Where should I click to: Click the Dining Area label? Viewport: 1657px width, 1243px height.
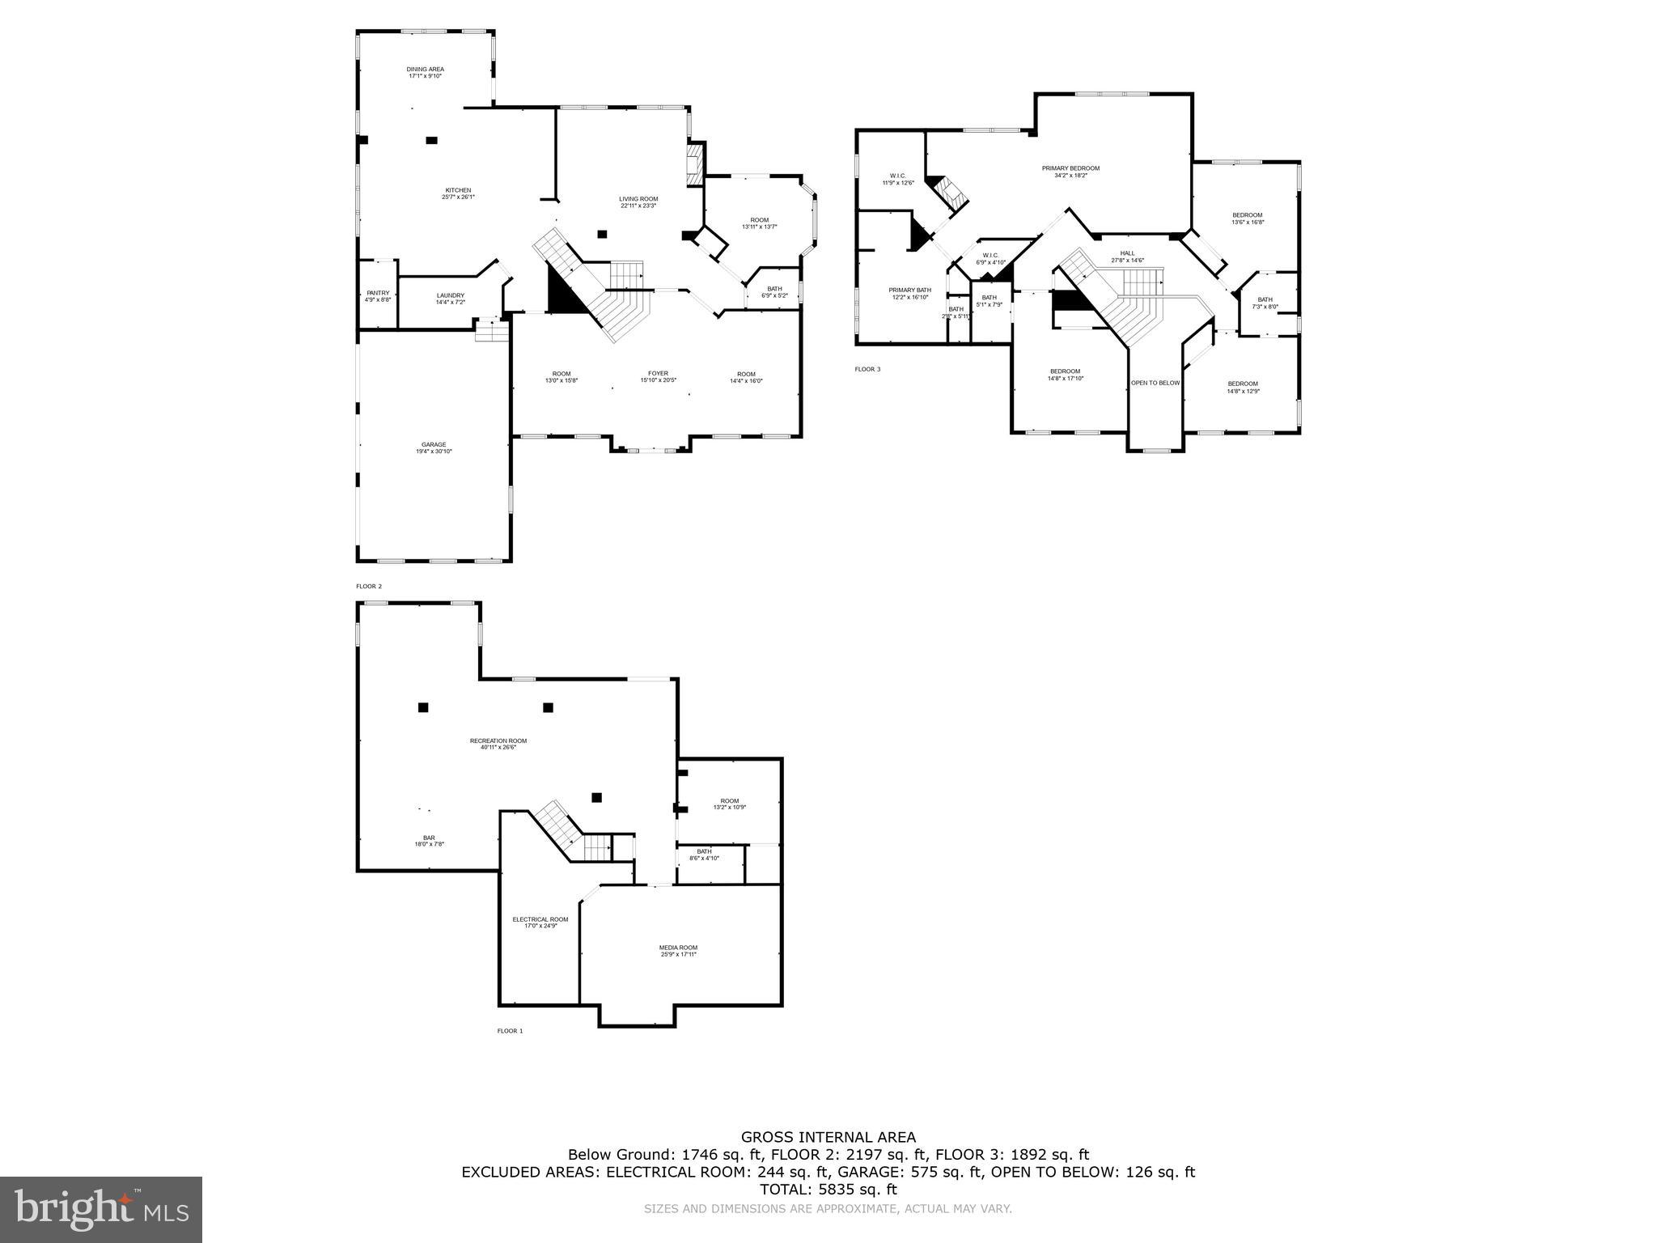[425, 70]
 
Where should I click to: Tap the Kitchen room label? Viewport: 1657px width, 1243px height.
[458, 191]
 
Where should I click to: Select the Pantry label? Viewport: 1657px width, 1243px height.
[378, 293]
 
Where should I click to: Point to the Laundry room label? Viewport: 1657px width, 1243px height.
[451, 295]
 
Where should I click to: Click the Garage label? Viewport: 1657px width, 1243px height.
[434, 445]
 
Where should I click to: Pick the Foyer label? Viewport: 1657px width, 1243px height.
[658, 374]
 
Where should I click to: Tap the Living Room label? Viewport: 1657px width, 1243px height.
[638, 199]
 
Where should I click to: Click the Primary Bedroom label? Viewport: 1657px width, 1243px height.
[1070, 168]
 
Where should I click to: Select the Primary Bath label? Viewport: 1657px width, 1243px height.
[909, 291]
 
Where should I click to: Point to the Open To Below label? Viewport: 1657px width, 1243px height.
[1155, 383]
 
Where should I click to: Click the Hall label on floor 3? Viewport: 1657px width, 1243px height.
[1127, 253]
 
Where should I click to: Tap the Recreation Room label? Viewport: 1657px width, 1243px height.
[498, 741]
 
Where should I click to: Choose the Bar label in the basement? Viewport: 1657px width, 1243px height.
[429, 838]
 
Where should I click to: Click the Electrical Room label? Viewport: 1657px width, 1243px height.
[540, 919]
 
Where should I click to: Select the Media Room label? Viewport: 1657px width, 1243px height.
[678, 948]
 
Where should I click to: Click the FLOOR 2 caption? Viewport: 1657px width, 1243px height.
[368, 586]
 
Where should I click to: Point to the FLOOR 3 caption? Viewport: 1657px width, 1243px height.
[867, 369]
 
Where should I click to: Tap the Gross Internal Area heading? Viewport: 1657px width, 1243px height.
[828, 1137]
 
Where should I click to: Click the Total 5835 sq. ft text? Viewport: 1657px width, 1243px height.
[828, 1190]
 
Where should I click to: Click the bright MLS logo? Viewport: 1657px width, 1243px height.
[101, 1210]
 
